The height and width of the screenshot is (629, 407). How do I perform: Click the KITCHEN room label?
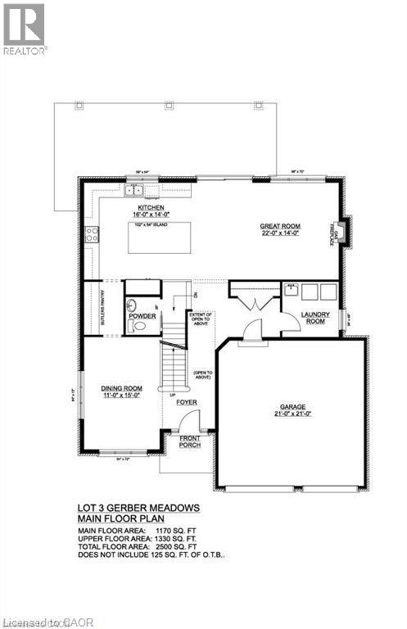(x=151, y=208)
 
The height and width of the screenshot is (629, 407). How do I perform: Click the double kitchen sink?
(x=133, y=191)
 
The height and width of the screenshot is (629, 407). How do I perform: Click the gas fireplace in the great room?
(x=344, y=232)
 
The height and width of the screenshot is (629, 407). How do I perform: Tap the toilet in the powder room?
(x=138, y=325)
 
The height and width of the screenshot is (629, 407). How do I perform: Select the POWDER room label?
(x=142, y=314)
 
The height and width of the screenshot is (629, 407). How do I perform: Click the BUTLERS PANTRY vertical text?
(x=103, y=309)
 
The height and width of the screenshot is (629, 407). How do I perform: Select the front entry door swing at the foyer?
(x=188, y=421)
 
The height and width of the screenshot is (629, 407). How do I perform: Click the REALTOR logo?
(x=24, y=29)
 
